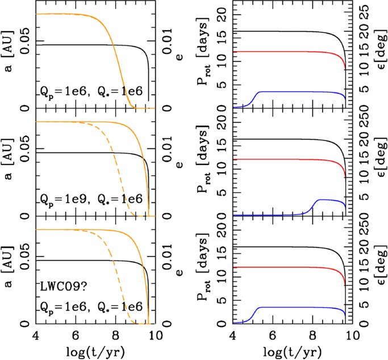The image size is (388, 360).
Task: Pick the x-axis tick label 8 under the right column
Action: pos(312,335)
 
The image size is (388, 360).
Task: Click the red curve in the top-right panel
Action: pos(284,52)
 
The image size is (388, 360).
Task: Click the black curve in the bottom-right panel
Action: pos(284,247)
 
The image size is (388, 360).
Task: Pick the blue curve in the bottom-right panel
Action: pos(284,308)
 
